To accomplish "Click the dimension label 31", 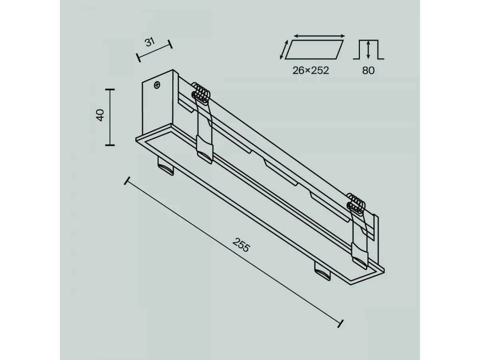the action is [150, 42].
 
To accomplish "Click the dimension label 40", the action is [100, 115].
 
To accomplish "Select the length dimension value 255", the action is [241, 245].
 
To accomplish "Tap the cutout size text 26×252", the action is [310, 70].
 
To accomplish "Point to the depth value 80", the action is [368, 70].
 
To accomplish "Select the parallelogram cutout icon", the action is [314, 50].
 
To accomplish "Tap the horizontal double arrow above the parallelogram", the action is [319, 36].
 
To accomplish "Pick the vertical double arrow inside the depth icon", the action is [368, 50].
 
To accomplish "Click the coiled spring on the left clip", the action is [201, 93].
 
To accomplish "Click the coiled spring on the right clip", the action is [356, 204].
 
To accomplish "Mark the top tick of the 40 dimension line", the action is [110, 89].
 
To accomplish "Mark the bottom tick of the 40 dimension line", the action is [110, 145].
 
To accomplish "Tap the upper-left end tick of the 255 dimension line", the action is [127, 181].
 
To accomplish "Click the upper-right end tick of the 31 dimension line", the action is [170, 44].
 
